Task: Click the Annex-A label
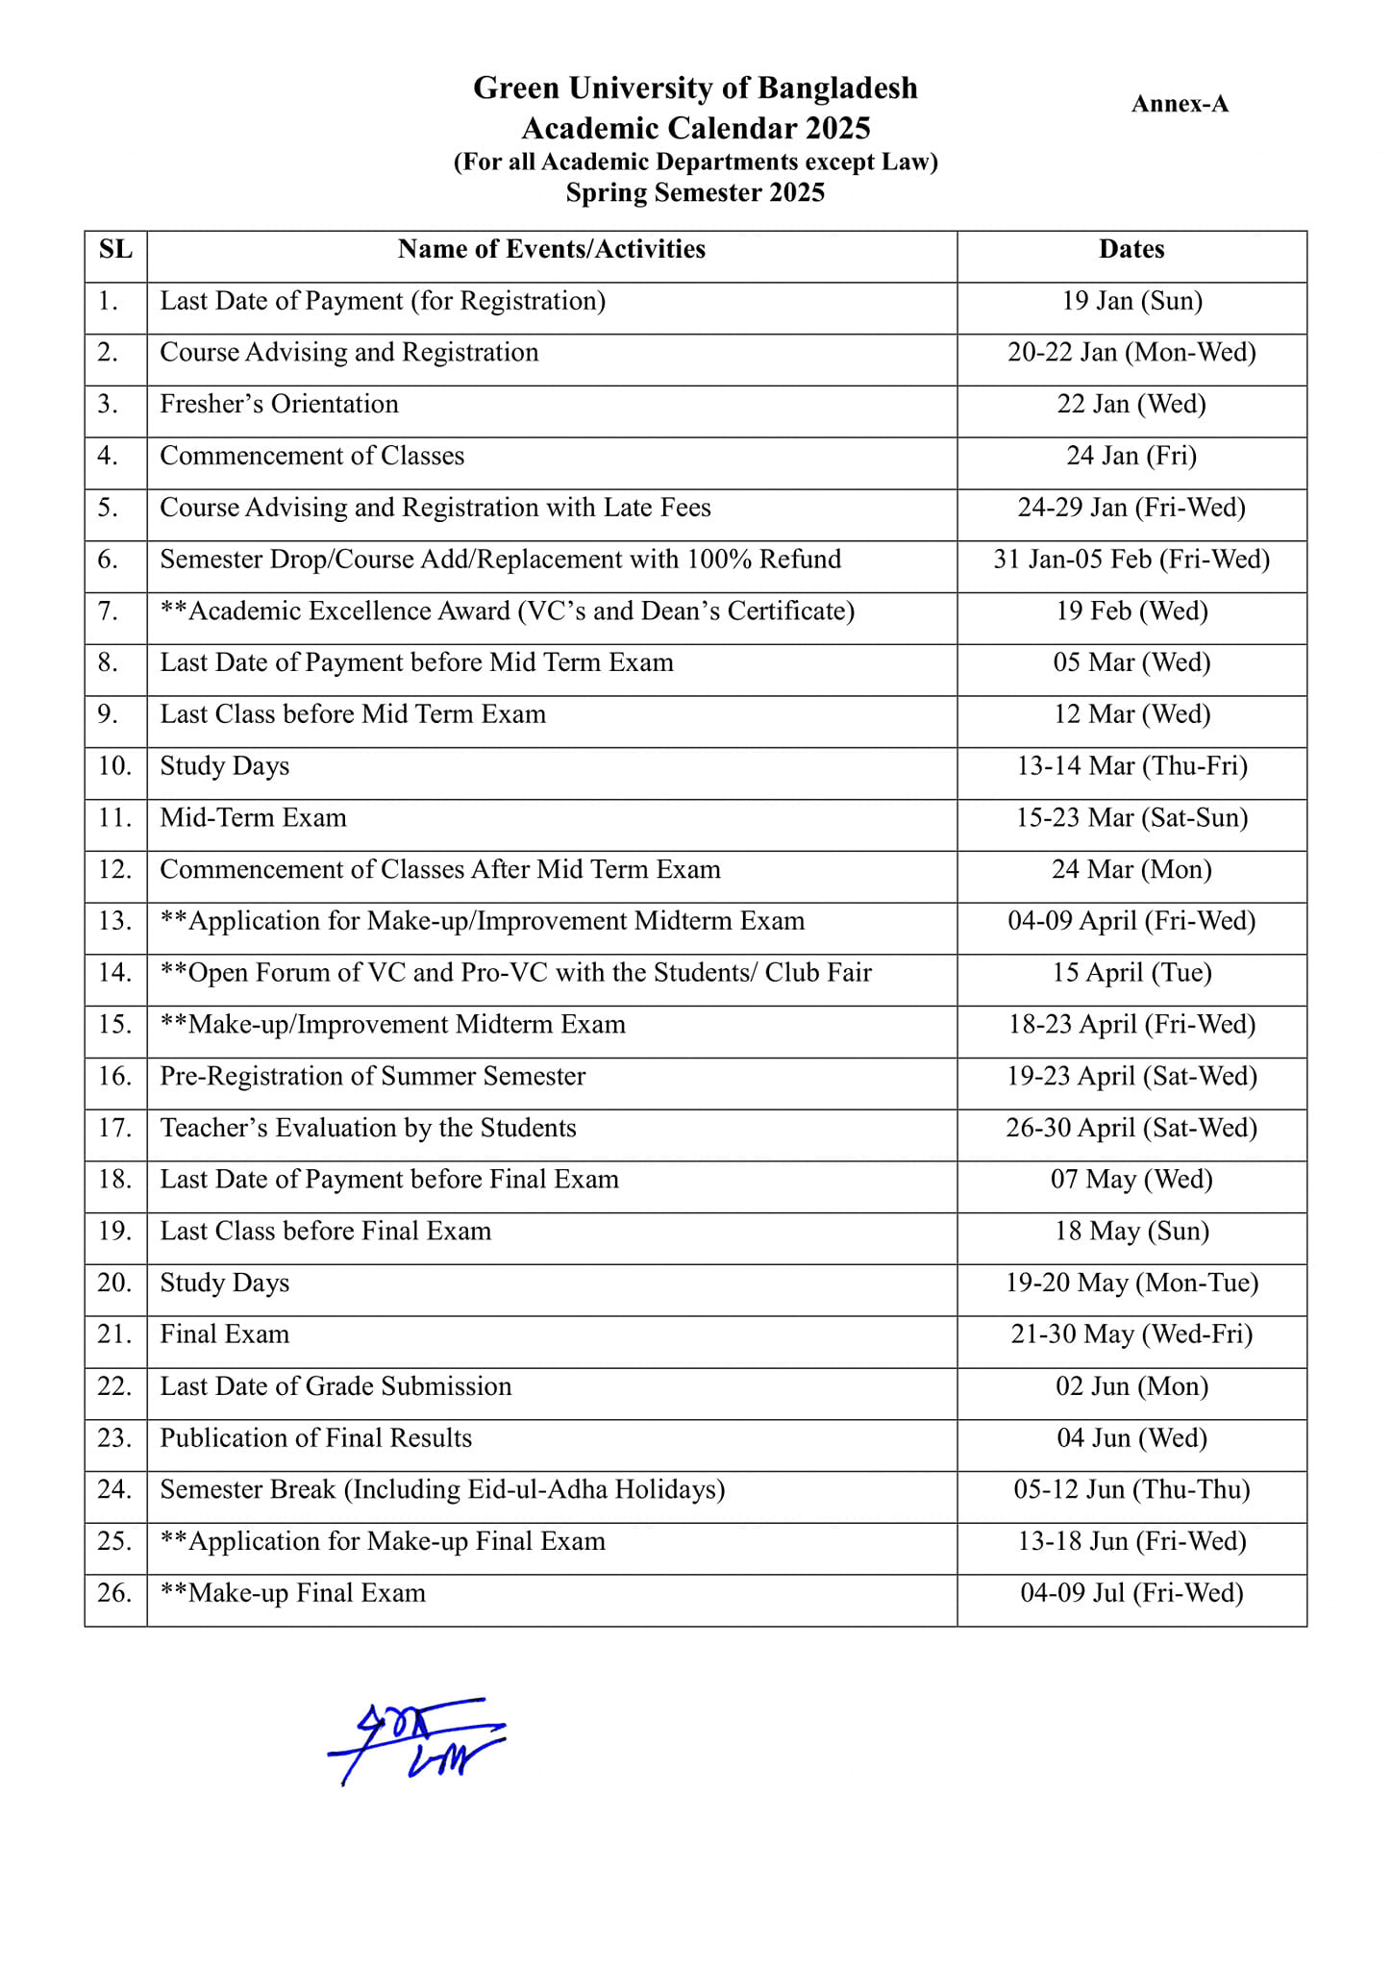pos(1180,104)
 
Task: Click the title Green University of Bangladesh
pos(695,87)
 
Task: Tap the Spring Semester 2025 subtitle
pos(695,192)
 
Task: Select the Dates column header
pos(1131,249)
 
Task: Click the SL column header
pos(115,249)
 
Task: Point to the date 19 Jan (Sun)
pos(1131,301)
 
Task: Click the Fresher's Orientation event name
pos(279,404)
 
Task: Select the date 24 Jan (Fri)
pos(1131,456)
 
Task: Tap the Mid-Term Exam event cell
pos(253,818)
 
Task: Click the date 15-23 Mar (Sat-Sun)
pos(1131,818)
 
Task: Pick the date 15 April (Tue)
pos(1131,973)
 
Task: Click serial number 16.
pos(115,1076)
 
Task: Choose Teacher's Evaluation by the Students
pos(368,1128)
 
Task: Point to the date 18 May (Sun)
pos(1131,1232)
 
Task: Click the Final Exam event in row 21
pos(224,1334)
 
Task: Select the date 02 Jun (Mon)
pos(1131,1386)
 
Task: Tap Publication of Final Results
pos(316,1438)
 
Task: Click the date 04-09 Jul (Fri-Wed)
pos(1131,1593)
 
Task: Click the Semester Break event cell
pos(442,1490)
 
